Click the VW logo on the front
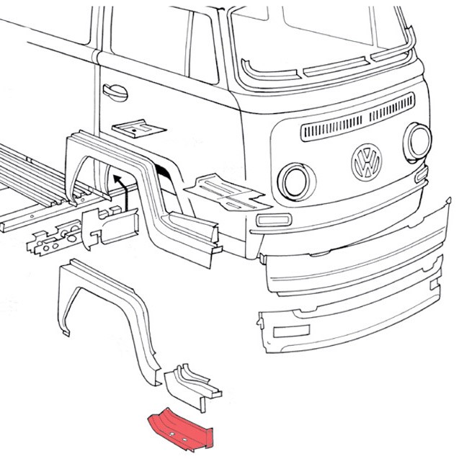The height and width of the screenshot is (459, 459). pyautogui.click(x=367, y=162)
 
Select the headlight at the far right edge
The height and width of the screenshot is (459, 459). pyautogui.click(x=419, y=141)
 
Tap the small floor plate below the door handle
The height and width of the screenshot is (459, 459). pyautogui.click(x=139, y=128)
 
